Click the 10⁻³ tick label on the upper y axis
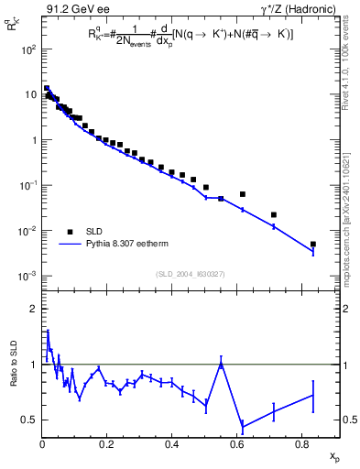point(27,276)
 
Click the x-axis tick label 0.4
point(172,446)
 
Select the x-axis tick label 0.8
point(301,446)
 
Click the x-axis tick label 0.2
point(107,446)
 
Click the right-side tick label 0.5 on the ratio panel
point(349,420)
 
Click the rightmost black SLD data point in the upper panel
point(313,245)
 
